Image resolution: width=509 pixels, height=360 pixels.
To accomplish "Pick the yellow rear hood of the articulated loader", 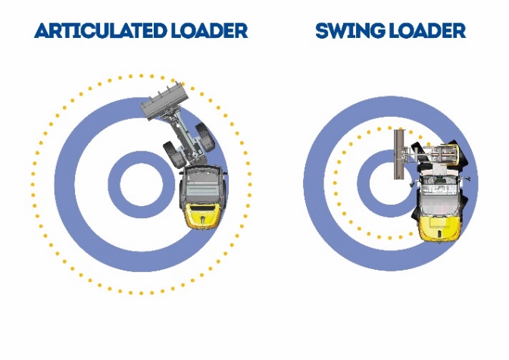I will [x=200, y=215].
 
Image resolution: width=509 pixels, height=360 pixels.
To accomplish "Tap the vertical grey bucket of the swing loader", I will [x=399, y=155].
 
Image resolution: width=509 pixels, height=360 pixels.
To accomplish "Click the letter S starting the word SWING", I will [x=321, y=31].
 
